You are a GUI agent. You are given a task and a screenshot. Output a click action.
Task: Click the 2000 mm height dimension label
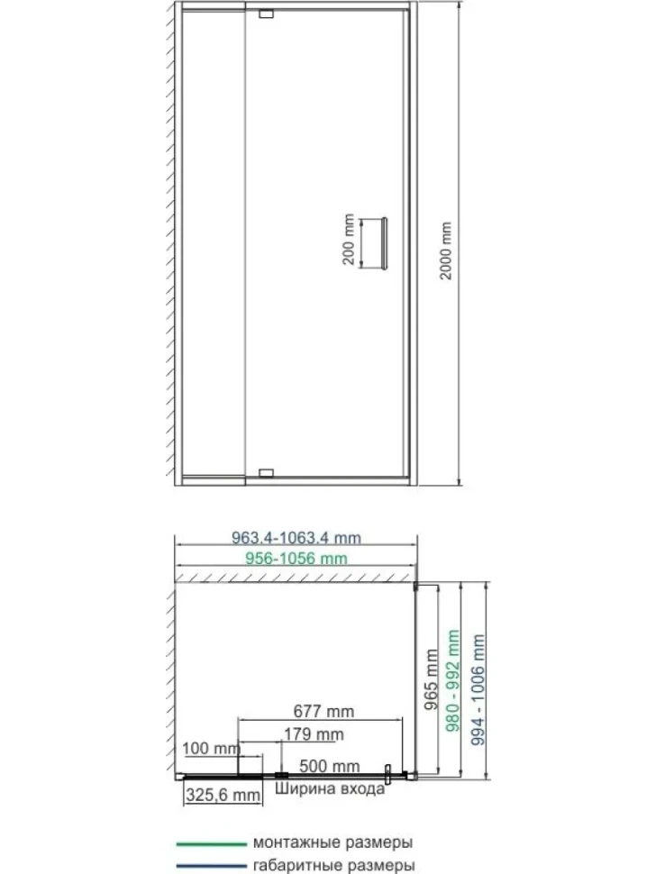click(446, 250)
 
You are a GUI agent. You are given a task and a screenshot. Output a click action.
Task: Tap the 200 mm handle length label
click(349, 239)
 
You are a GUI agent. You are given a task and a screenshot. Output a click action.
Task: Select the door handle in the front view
click(384, 243)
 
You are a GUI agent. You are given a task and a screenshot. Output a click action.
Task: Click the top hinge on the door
click(267, 14)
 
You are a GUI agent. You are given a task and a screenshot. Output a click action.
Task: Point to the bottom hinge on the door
click(267, 473)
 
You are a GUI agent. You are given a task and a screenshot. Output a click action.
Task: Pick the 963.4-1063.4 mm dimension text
click(296, 538)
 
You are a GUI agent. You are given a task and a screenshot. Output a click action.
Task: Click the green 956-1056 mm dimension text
click(296, 558)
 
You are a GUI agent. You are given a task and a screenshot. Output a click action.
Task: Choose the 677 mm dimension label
click(323, 711)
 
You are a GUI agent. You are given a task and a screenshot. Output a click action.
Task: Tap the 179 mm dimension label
click(314, 734)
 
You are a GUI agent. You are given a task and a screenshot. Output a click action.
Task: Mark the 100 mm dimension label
click(211, 748)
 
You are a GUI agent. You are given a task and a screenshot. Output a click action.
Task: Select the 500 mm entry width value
click(330, 766)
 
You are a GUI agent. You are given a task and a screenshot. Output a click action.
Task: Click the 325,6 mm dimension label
click(223, 795)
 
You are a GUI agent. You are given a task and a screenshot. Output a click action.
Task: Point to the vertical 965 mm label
click(432, 679)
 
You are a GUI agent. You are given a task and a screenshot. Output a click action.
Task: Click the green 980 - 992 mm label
click(453, 680)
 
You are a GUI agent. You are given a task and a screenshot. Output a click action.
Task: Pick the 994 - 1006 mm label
click(478, 689)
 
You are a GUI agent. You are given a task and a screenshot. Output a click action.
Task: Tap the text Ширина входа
click(330, 788)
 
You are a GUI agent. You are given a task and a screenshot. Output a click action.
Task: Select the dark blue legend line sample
click(211, 866)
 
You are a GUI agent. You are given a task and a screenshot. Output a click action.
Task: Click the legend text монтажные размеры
click(333, 842)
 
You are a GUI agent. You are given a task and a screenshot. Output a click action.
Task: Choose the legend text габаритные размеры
click(333, 866)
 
